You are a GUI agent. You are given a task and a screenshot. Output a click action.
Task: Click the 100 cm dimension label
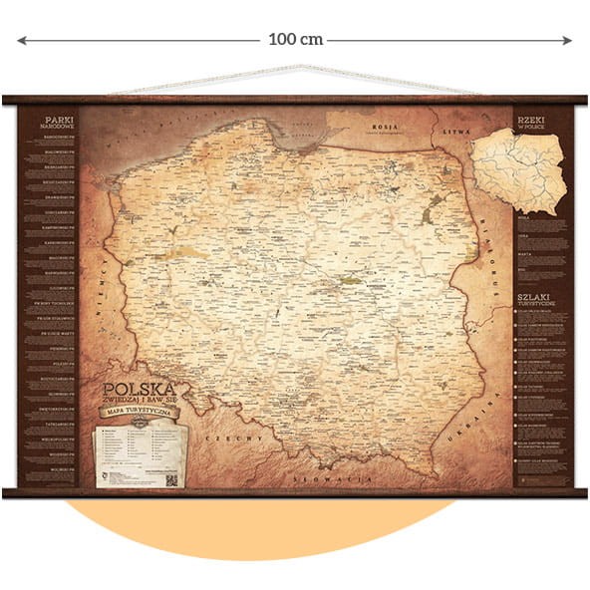pos(295,40)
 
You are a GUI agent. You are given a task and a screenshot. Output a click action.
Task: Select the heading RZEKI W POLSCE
pos(533,123)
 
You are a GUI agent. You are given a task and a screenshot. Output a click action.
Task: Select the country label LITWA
pos(456,131)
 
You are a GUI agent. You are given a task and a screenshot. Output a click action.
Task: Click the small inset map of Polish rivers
pos(517,172)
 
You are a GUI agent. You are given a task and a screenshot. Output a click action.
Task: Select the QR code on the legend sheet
pos(170,478)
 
